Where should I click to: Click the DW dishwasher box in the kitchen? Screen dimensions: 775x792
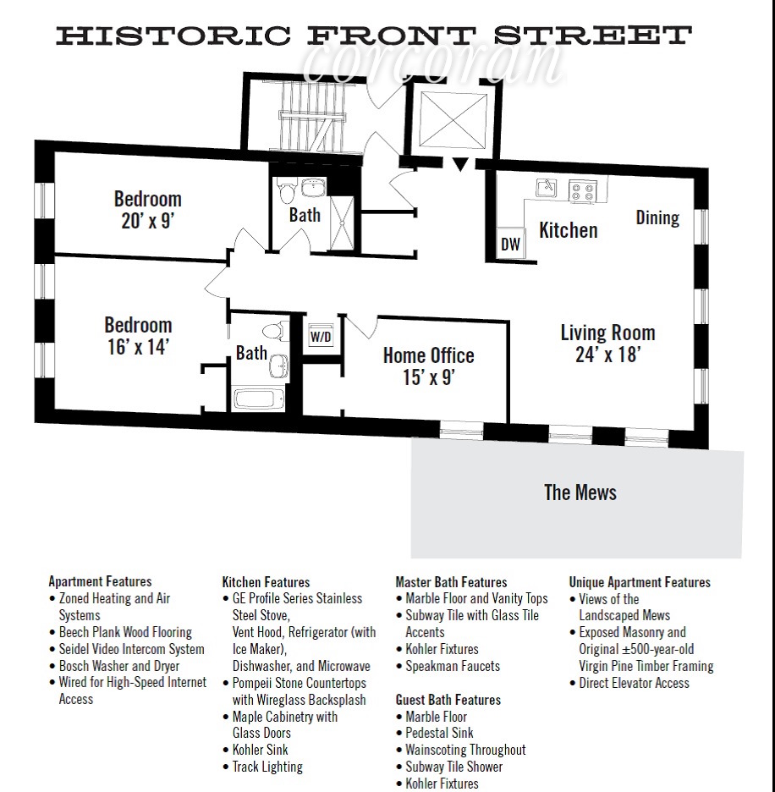tap(510, 243)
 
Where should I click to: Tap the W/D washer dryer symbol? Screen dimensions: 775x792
tap(321, 336)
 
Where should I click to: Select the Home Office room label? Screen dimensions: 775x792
tap(428, 355)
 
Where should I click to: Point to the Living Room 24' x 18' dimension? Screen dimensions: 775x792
tap(608, 354)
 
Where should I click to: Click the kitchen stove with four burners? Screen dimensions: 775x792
tap(582, 191)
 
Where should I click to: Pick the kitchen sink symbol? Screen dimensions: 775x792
tap(546, 187)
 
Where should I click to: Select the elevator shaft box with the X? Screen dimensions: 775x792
tap(453, 118)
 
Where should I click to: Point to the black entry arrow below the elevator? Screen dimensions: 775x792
tap(459, 164)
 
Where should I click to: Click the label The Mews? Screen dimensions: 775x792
tap(580, 492)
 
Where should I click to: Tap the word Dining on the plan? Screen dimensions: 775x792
tap(657, 217)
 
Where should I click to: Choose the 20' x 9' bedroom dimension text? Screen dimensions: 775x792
tap(147, 221)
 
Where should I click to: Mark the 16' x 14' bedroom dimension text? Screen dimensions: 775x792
tap(138, 347)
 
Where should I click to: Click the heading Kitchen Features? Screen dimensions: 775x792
tap(266, 582)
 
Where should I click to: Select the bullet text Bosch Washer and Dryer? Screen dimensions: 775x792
tap(119, 666)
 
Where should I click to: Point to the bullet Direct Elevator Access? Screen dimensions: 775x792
tap(634, 683)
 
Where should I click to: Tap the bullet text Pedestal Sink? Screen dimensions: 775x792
tap(440, 733)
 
